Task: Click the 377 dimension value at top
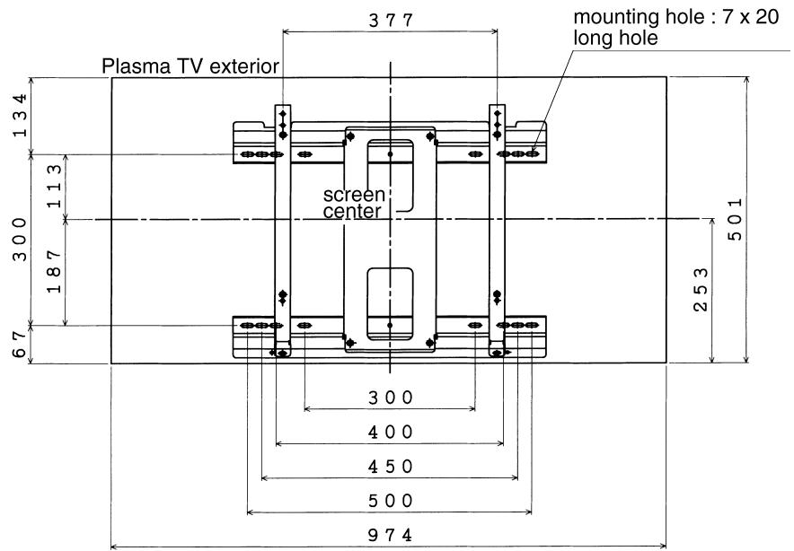[391, 21]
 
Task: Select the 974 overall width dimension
[390, 535]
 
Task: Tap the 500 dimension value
[390, 501]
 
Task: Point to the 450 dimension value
[390, 467]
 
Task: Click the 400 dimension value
[390, 432]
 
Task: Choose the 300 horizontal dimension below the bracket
[390, 397]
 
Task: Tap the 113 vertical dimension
[56, 186]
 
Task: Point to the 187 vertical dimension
[56, 272]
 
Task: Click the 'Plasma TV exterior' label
[190, 66]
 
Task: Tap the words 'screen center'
[354, 203]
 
